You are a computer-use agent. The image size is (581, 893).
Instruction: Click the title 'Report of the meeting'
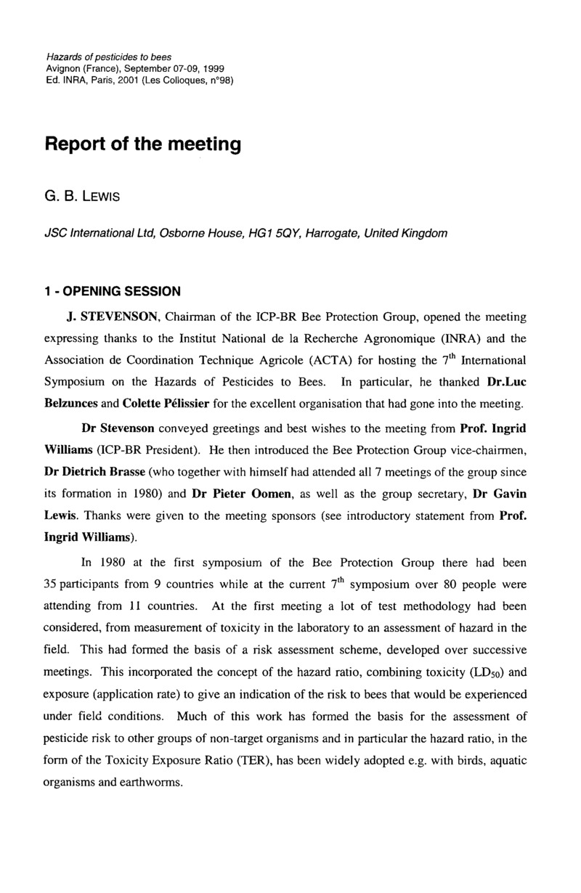click(142, 144)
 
